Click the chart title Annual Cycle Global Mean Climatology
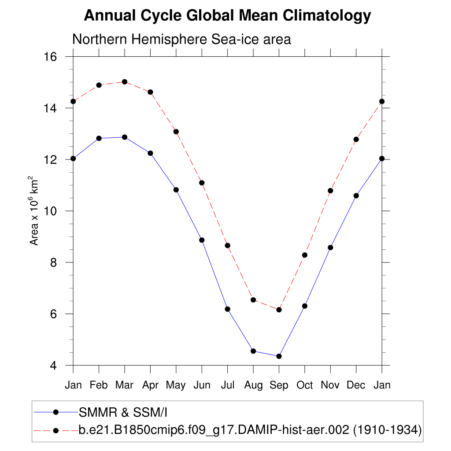click(227, 16)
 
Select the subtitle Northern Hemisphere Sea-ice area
click(181, 39)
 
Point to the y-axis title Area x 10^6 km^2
click(34, 211)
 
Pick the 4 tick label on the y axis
click(54, 366)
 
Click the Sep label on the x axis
click(279, 385)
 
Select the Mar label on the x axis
click(124, 385)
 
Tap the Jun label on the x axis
click(202, 385)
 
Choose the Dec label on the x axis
click(356, 385)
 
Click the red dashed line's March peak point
click(125, 82)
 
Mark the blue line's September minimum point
click(279, 356)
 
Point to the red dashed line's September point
click(279, 310)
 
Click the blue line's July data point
click(227, 309)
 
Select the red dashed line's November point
click(330, 191)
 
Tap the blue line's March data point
click(125, 137)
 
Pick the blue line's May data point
click(176, 190)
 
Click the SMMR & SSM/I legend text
click(123, 412)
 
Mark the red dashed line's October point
click(304, 255)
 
